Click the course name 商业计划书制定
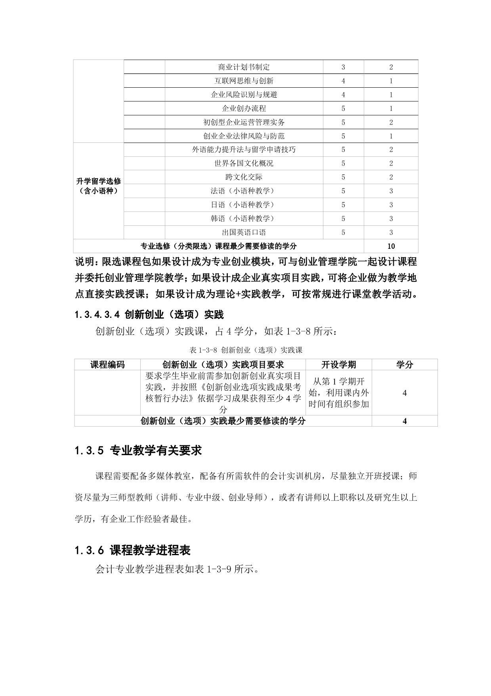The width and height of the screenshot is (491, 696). [244, 67]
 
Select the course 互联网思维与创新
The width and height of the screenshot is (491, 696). [244, 81]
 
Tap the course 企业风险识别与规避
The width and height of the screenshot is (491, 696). [244, 95]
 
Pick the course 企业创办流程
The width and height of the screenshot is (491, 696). [244, 108]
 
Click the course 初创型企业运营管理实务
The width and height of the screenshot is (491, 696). [244, 122]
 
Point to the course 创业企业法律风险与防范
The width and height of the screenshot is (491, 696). [244, 136]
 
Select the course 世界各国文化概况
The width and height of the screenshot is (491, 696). [244, 163]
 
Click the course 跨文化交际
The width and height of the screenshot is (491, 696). [244, 177]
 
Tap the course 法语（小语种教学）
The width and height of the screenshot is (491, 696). [243, 191]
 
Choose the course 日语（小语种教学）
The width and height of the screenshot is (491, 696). [243, 205]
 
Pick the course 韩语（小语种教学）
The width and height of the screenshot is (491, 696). [243, 219]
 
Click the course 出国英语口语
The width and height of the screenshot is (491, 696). [244, 233]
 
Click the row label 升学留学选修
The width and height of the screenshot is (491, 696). [98, 181]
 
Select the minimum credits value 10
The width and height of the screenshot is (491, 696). [391, 246]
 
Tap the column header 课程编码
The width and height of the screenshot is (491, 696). [107, 365]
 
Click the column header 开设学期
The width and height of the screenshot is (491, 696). [338, 365]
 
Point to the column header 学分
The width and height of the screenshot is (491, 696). [404, 365]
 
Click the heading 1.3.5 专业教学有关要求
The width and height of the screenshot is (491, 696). [138, 450]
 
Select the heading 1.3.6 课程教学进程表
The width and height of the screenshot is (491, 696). [133, 550]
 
